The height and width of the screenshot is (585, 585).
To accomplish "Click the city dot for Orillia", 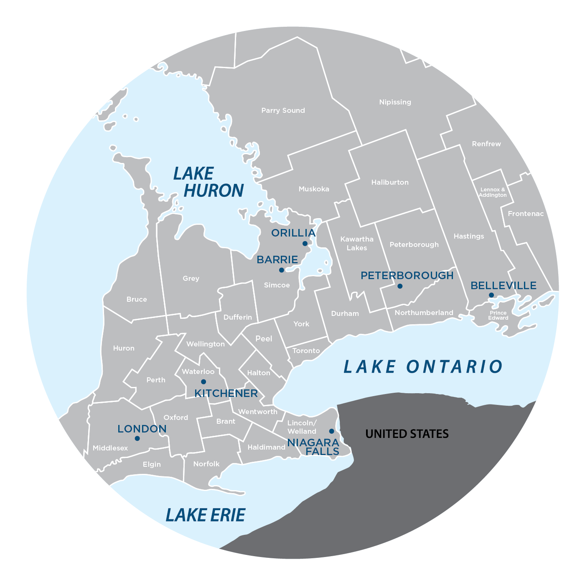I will pyautogui.click(x=305, y=244).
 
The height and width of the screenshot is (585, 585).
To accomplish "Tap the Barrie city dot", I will pyautogui.click(x=282, y=270).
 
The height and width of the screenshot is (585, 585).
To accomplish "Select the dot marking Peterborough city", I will pyautogui.click(x=400, y=286).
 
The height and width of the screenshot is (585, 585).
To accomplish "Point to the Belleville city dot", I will pyautogui.click(x=491, y=295).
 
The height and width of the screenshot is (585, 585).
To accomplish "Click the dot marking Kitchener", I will pyautogui.click(x=203, y=382).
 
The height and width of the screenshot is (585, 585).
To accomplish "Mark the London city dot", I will pyautogui.click(x=137, y=438).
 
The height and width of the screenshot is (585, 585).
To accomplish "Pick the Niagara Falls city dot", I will pyautogui.click(x=331, y=431).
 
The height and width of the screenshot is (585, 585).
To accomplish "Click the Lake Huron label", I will pyautogui.click(x=209, y=182).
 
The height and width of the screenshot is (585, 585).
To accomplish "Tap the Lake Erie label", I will pyautogui.click(x=205, y=515).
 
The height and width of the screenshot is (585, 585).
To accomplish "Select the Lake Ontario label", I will pyautogui.click(x=423, y=366).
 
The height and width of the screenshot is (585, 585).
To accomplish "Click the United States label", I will pyautogui.click(x=407, y=434).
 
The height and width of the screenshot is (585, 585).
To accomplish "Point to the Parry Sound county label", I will pyautogui.click(x=283, y=111).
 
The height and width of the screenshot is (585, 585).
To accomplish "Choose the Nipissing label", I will pyautogui.click(x=395, y=102).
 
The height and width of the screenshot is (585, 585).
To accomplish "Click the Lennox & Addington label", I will pyautogui.click(x=493, y=192).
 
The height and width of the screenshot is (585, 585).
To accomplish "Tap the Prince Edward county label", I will pyautogui.click(x=498, y=315).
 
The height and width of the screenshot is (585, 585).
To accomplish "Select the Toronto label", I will pyautogui.click(x=306, y=351).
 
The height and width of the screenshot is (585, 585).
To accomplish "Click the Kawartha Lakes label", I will pyautogui.click(x=356, y=243).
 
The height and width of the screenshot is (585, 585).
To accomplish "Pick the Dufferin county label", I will pyautogui.click(x=237, y=317).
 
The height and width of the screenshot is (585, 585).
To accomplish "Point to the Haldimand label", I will pyautogui.click(x=266, y=447).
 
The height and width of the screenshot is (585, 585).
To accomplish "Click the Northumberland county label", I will pyautogui.click(x=424, y=313).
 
